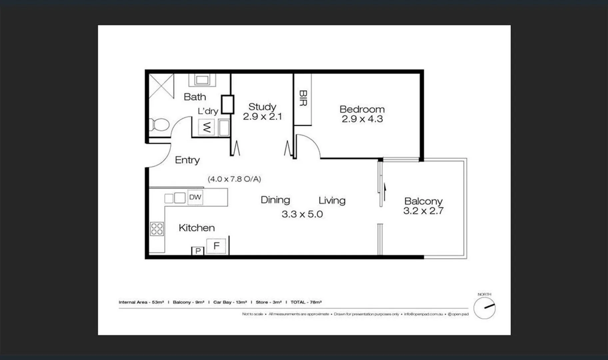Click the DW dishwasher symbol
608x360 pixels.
pyautogui.click(x=195, y=197)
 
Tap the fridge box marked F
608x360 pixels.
pyautogui.click(x=216, y=246)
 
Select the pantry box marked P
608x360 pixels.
pyautogui.click(x=198, y=251)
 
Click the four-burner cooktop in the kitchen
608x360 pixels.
pyautogui.click(x=157, y=229)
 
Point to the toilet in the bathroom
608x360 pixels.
pyautogui.click(x=159, y=125)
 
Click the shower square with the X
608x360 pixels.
pyautogui.click(x=161, y=86)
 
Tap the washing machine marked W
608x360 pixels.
pyautogui.click(x=207, y=127)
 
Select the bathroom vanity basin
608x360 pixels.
pyautogui.click(x=202, y=80)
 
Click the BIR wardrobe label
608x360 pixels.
pyautogui.click(x=303, y=98)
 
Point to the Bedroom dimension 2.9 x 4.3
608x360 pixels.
pyautogui.click(x=362, y=119)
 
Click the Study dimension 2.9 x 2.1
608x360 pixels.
pyautogui.click(x=262, y=117)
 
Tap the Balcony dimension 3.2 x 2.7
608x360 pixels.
pyautogui.click(x=423, y=211)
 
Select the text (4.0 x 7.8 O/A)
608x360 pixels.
pyautogui.click(x=234, y=179)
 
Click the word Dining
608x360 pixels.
pyautogui.click(x=275, y=200)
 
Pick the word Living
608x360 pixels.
pyautogui.click(x=332, y=200)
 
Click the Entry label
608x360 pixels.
pyautogui.click(x=187, y=160)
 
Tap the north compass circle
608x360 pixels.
pyautogui.click(x=484, y=308)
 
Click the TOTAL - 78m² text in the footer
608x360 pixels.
pyautogui.click(x=306, y=302)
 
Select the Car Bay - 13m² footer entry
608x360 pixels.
pyautogui.click(x=230, y=302)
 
